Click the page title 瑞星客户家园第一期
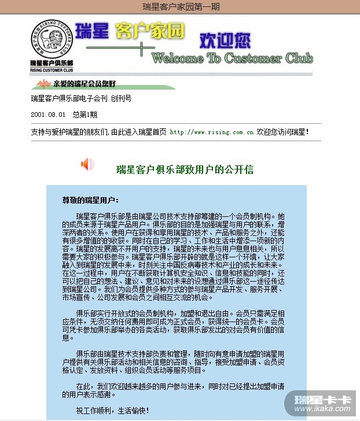[x=180, y=7]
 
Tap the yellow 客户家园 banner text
[x=149, y=32]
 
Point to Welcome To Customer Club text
[x=232, y=58]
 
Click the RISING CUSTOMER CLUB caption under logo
[x=52, y=69]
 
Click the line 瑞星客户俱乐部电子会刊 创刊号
[x=81, y=98]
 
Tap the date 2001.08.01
[x=48, y=115]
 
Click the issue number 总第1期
[x=85, y=115]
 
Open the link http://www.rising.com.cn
[x=212, y=132]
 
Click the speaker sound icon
[x=87, y=164]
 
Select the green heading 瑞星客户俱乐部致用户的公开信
[x=185, y=170]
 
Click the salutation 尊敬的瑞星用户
[x=90, y=201]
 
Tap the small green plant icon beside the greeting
[x=39, y=84]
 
